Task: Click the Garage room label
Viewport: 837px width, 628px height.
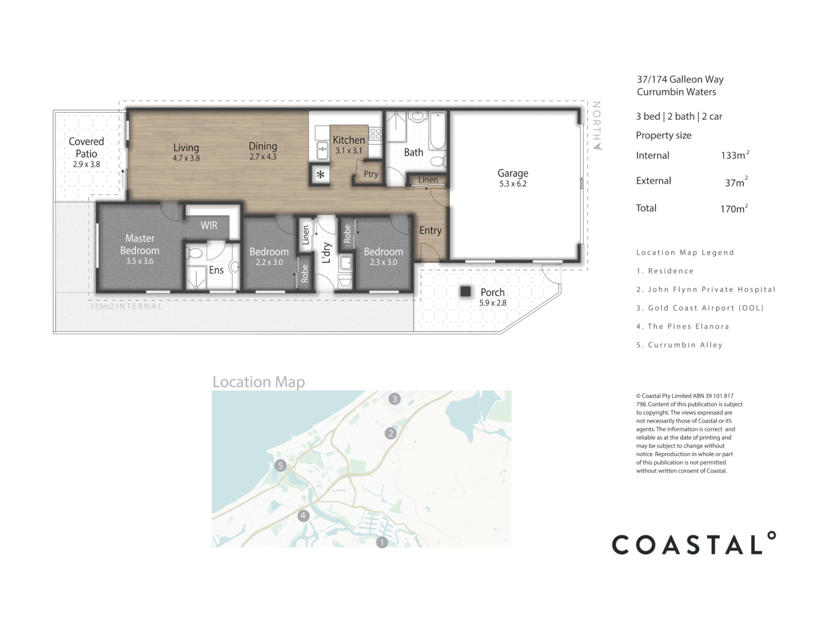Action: tap(512, 173)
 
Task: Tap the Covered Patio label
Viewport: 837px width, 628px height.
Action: tap(86, 148)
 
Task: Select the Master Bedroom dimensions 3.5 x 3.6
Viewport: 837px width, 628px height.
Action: tap(139, 262)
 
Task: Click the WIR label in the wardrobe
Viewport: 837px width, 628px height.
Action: tap(209, 226)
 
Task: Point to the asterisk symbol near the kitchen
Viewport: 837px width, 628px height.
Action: tap(320, 174)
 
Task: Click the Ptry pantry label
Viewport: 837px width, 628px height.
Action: tap(370, 174)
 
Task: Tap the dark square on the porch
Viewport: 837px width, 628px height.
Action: tap(465, 292)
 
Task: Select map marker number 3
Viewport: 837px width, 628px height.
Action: tap(395, 399)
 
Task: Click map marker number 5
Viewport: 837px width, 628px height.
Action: tap(281, 466)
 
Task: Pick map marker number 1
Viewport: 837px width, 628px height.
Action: tap(381, 543)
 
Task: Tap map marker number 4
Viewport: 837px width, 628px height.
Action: tap(303, 516)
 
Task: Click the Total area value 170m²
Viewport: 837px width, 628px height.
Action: tap(734, 208)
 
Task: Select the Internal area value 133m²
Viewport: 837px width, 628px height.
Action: tap(734, 155)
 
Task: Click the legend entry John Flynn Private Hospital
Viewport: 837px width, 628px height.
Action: tap(706, 290)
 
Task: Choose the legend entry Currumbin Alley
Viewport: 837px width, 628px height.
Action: tap(679, 345)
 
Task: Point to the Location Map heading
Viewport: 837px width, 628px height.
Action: tap(259, 382)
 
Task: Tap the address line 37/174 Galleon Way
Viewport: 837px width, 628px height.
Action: tap(680, 80)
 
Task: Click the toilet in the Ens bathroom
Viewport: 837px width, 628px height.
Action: tap(195, 254)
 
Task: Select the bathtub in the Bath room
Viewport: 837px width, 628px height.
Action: tap(437, 131)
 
